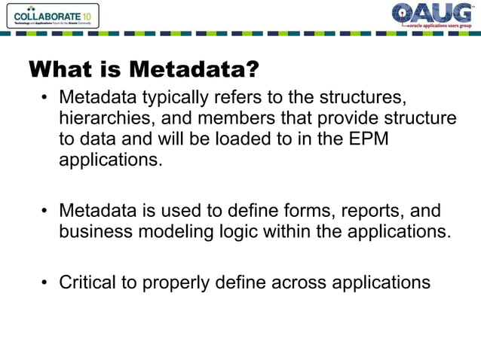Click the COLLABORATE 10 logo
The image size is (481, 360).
(x=50, y=15)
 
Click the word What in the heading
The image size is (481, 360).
(x=55, y=69)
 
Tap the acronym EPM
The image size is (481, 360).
(x=367, y=140)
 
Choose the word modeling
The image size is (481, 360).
(x=176, y=231)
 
